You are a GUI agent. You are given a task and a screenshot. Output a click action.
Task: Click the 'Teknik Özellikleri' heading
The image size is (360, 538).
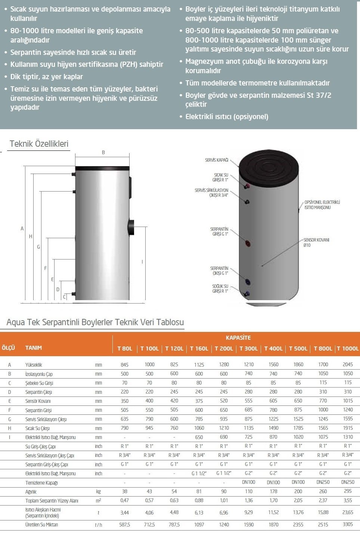click(39, 144)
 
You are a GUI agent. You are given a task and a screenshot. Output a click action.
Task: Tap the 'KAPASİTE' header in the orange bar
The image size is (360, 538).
click(238, 338)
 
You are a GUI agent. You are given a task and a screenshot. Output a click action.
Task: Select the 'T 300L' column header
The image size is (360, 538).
click(248, 348)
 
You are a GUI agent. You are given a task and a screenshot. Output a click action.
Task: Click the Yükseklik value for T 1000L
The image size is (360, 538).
click(348, 364)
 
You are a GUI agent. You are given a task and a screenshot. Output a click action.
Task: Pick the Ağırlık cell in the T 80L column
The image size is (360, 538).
click(125, 491)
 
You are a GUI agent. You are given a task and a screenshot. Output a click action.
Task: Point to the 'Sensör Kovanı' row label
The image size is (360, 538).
click(38, 401)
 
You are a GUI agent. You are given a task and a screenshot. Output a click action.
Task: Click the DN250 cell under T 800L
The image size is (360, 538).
click(323, 482)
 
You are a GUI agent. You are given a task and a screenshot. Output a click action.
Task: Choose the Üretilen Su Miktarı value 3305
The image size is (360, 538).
click(348, 524)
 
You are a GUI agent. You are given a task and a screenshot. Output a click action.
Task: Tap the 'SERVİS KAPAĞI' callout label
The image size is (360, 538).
click(217, 160)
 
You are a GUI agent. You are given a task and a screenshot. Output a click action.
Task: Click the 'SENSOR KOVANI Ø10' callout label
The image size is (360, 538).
click(316, 242)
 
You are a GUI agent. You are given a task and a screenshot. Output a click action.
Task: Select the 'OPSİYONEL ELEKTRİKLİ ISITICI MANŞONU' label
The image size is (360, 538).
click(322, 205)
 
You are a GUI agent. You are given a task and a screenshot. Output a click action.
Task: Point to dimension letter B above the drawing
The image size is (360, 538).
click(103, 152)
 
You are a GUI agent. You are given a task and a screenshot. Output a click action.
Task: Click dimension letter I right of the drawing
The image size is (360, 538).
click(142, 262)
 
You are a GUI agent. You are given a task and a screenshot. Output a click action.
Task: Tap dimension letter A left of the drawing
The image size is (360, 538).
click(22, 228)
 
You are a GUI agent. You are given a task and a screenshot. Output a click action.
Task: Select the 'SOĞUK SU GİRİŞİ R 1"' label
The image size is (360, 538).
click(220, 289)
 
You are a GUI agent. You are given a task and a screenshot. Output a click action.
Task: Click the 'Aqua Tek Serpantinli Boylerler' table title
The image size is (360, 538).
click(95, 322)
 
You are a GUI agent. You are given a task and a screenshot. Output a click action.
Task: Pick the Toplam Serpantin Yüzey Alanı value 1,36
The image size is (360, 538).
click(248, 500)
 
